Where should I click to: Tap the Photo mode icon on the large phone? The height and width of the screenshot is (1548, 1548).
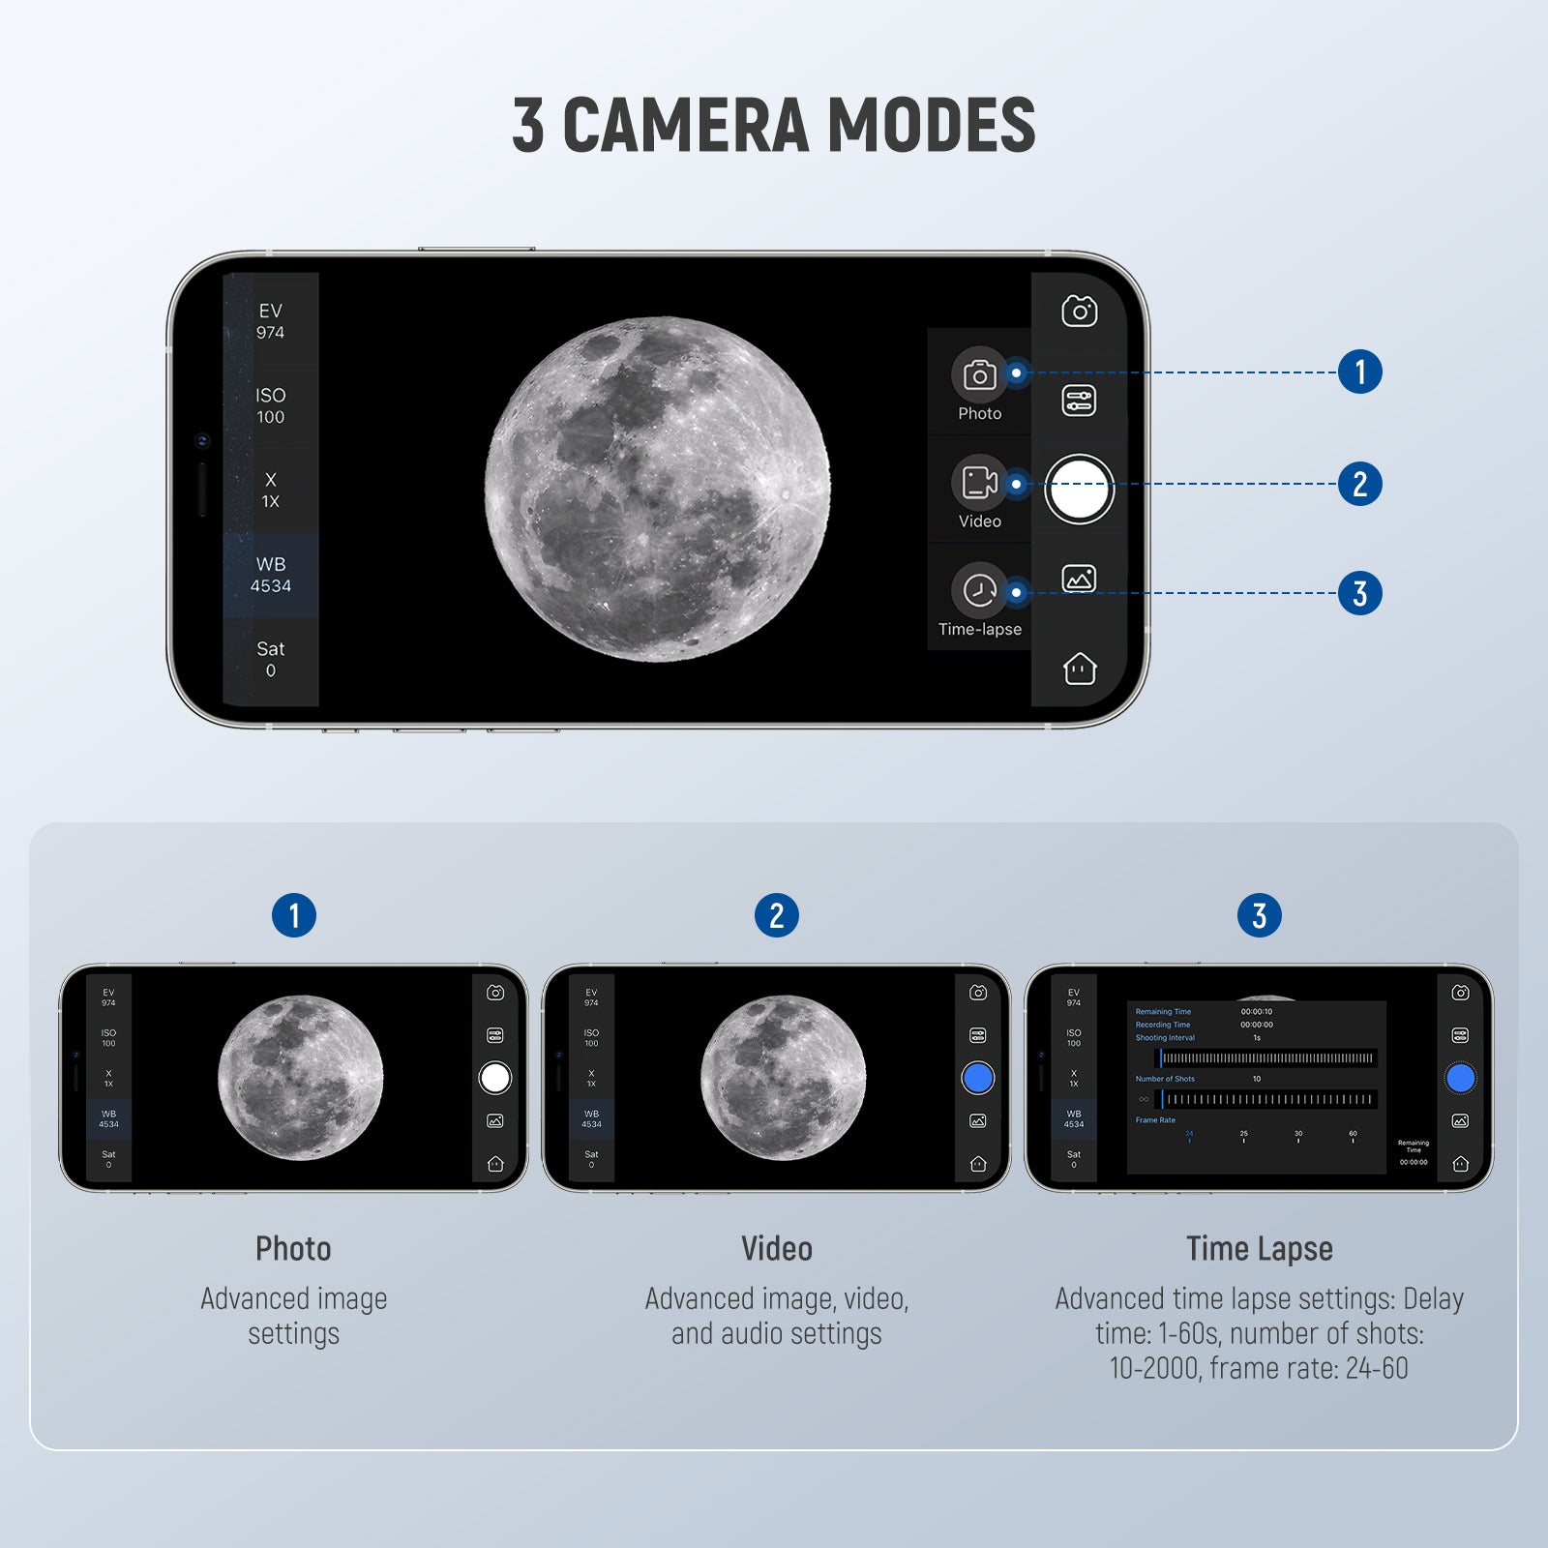pos(979,373)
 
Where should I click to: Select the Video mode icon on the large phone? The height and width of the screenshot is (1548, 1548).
pos(979,482)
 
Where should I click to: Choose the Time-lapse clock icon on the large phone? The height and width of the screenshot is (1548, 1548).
pos(979,590)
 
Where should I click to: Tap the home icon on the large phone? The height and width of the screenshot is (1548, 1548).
pos(1079,669)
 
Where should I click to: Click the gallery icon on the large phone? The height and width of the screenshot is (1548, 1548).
pos(1079,579)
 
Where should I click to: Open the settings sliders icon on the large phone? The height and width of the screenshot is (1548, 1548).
pos(1079,401)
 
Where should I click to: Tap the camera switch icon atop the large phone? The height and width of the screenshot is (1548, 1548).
pos(1079,312)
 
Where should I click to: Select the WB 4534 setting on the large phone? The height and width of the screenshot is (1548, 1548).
pos(271,575)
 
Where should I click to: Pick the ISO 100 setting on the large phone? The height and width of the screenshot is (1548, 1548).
pos(271,406)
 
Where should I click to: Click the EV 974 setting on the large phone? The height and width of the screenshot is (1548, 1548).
pos(271,321)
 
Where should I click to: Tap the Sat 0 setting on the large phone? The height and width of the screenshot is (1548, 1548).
pos(271,659)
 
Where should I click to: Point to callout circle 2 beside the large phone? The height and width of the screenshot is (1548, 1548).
pos(1359,484)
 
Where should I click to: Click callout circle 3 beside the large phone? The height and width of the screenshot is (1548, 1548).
pos(1359,593)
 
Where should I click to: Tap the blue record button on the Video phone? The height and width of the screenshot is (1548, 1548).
pos(977,1078)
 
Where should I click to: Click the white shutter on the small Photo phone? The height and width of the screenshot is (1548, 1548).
pos(494,1078)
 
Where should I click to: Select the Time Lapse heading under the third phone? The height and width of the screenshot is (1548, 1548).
pos(1259,1249)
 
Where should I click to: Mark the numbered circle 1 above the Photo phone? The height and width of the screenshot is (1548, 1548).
pos(294,915)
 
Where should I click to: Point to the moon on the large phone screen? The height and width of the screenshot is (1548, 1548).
pos(657,490)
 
